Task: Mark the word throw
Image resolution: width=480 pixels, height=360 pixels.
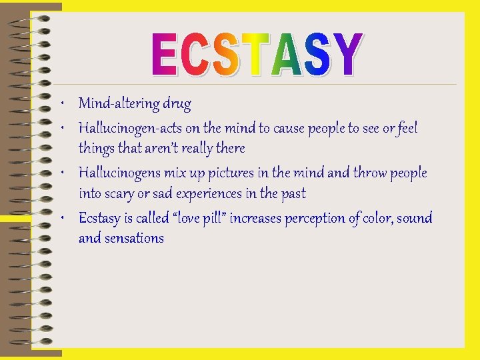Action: point(370,173)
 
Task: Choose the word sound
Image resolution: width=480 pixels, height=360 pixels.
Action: point(415,218)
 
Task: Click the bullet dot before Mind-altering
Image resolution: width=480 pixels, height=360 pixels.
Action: point(61,105)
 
